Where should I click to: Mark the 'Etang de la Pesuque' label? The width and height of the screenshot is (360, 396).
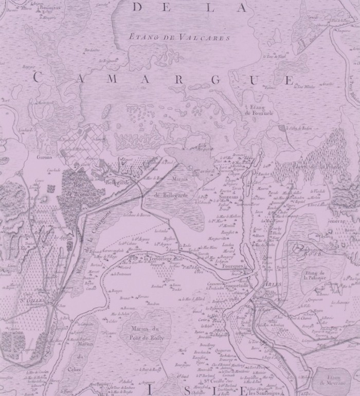316,275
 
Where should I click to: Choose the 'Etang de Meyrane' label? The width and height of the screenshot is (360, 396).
334,381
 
